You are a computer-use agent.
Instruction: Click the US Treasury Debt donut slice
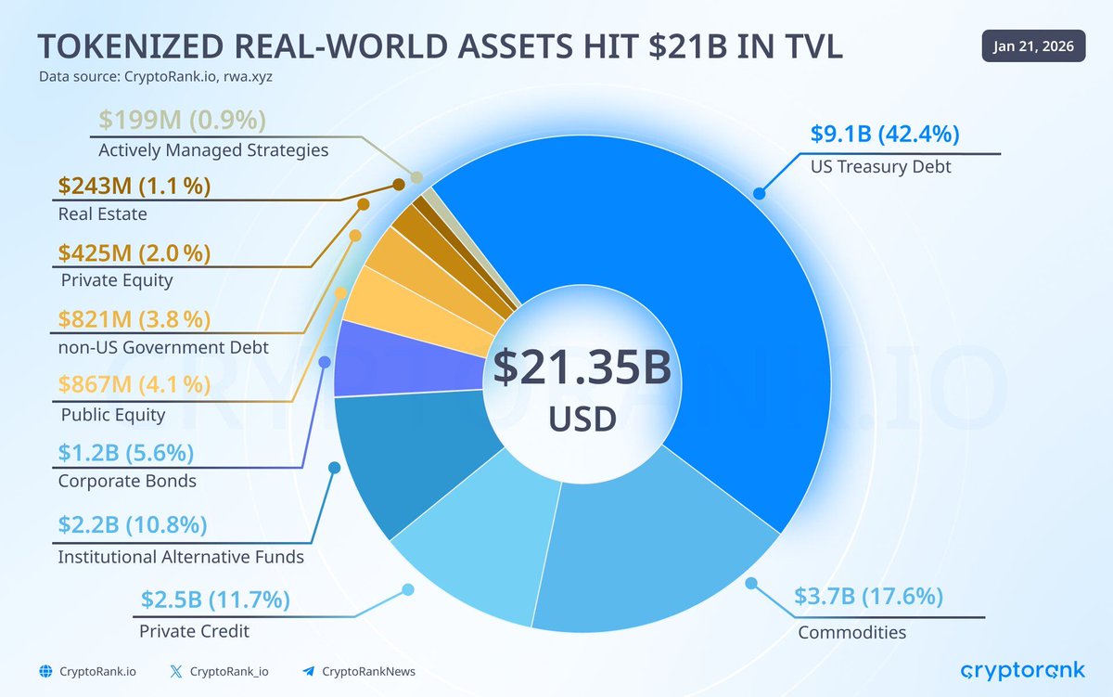click(x=705, y=306)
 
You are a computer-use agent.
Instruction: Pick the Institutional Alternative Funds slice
click(x=390, y=455)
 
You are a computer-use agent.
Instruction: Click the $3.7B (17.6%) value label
click(x=869, y=597)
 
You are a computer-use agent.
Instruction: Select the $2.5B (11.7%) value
click(x=215, y=600)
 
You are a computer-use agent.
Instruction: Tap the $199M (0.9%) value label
click(x=181, y=120)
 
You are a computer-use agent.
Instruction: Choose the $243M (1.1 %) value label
click(x=134, y=186)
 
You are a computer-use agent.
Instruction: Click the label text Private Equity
click(x=117, y=280)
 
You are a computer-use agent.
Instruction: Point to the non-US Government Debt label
click(x=163, y=348)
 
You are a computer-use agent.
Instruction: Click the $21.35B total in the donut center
click(x=582, y=368)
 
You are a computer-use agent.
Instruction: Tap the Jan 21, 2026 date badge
click(x=1033, y=46)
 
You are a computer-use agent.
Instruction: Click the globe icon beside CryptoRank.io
click(x=45, y=671)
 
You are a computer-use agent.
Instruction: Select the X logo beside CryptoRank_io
click(x=176, y=671)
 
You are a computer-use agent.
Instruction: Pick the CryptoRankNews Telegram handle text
click(x=368, y=671)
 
